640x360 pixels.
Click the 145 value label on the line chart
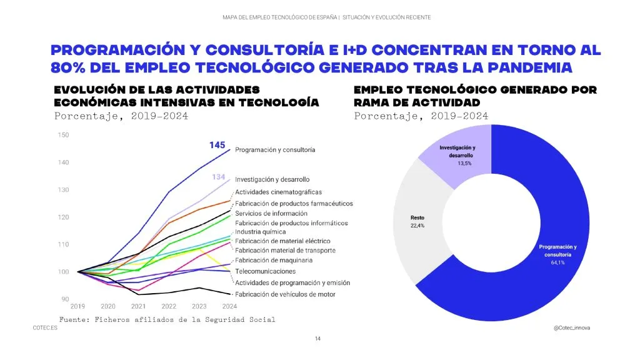[217, 145]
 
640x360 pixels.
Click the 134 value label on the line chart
[218, 177]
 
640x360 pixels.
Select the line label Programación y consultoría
[275, 150]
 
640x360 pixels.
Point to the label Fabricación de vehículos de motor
[285, 294]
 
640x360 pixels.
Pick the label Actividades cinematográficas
[278, 192]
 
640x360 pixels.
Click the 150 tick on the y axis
[64, 135]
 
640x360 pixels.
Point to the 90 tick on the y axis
[65, 299]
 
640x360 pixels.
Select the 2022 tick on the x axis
[169, 307]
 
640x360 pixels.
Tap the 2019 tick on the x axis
[78, 307]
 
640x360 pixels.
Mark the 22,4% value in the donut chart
[417, 226]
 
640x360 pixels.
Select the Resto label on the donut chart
[417, 217]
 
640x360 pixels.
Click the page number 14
[318, 338]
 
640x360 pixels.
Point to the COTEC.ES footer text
[45, 327]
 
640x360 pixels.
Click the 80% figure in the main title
[67, 66]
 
